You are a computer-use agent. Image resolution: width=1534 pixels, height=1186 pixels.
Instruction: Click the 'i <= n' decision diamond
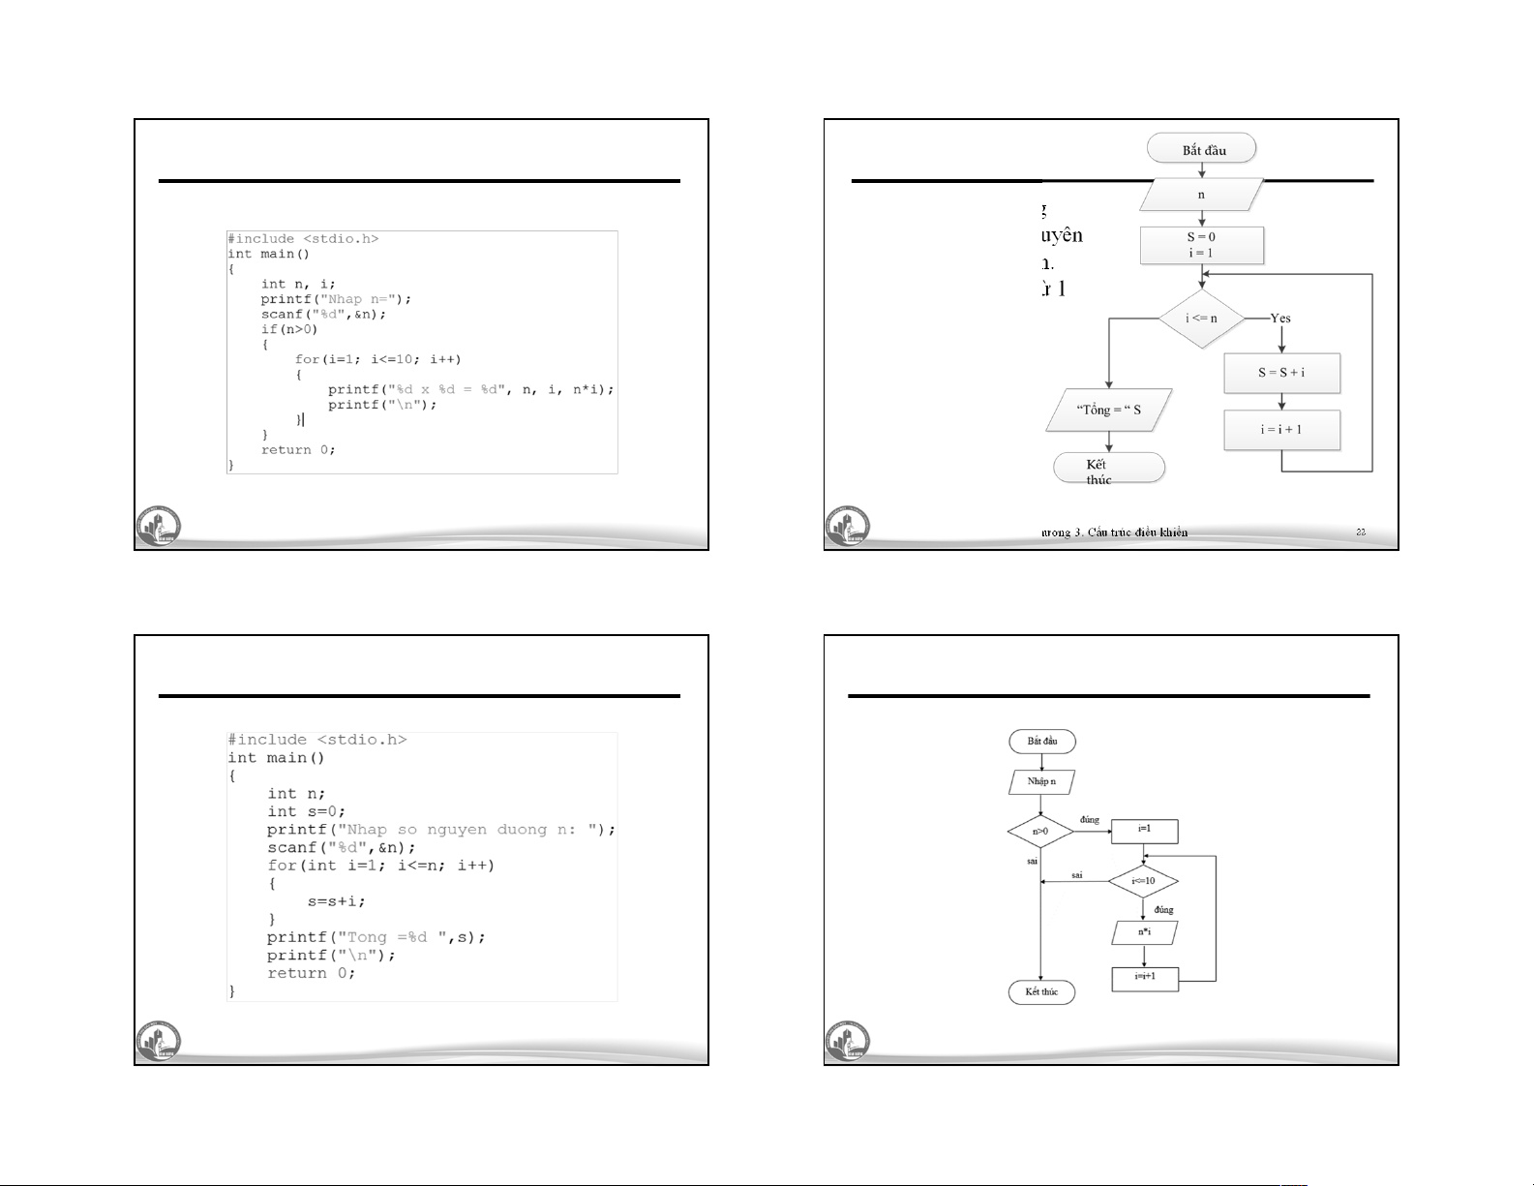1201,318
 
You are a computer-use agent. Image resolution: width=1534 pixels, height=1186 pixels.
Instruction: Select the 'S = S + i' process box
1281,373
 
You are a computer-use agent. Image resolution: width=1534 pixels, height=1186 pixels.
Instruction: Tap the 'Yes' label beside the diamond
1280,318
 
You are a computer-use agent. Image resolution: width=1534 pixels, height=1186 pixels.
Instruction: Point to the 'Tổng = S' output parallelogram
1109,410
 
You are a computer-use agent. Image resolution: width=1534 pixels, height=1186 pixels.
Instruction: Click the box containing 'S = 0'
1201,245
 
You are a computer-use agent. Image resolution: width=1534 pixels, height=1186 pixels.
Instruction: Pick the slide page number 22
1361,532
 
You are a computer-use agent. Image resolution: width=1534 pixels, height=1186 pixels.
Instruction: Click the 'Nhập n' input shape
1041,781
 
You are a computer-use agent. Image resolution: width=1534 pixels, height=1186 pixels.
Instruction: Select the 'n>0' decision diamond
1040,831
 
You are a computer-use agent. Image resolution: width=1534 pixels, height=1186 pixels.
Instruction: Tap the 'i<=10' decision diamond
1143,881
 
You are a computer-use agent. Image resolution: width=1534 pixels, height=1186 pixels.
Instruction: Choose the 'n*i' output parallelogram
1144,932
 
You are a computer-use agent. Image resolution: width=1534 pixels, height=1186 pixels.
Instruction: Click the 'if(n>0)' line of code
288,329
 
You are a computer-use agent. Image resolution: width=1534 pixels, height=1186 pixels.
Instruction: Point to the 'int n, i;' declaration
298,284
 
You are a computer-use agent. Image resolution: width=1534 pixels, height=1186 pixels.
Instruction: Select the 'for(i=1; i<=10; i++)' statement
378,359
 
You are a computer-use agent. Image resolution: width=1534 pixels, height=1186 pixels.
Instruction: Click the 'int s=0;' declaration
306,811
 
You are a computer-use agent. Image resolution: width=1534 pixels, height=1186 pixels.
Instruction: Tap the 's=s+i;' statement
337,901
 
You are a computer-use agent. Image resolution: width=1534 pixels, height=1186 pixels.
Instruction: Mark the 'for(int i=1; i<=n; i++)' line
380,866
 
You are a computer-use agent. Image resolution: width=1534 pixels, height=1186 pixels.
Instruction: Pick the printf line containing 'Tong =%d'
376,937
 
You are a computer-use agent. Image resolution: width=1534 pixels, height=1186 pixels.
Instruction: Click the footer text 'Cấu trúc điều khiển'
1136,532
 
